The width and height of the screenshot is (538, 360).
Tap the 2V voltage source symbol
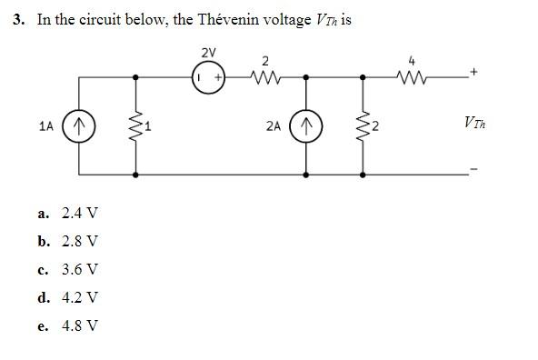click(207, 79)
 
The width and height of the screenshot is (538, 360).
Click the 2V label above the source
click(207, 52)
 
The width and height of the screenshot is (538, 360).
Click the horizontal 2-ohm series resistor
click(265, 79)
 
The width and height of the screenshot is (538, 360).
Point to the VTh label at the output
click(473, 121)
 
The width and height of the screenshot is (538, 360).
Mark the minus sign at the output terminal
click(473, 170)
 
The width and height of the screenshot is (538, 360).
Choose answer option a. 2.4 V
click(70, 214)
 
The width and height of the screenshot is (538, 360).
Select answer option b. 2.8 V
click(70, 242)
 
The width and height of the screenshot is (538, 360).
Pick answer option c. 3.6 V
click(70, 270)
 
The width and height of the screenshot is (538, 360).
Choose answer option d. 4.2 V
click(70, 297)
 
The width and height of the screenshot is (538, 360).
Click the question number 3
click(20, 19)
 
